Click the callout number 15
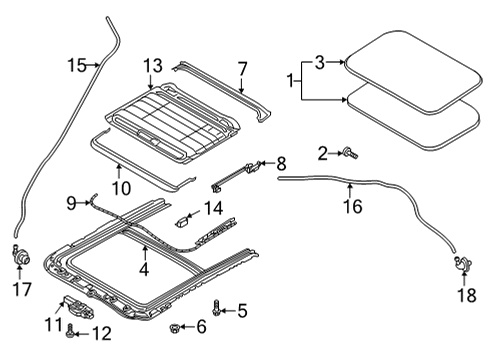pyautogui.click(x=77, y=65)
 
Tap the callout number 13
pyautogui.click(x=153, y=66)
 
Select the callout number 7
pyautogui.click(x=242, y=69)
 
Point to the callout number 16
pyautogui.click(x=353, y=206)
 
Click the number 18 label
pyautogui.click(x=467, y=295)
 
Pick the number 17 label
pyautogui.click(x=22, y=289)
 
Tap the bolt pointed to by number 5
pyautogui.click(x=216, y=308)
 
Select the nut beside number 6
pyautogui.click(x=174, y=328)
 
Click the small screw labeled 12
pyautogui.click(x=70, y=331)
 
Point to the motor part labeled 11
pyautogui.click(x=80, y=307)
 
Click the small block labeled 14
pyautogui.click(x=182, y=221)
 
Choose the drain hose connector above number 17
pyautogui.click(x=21, y=255)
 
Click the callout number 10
pyautogui.click(x=121, y=189)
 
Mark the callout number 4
pyautogui.click(x=144, y=270)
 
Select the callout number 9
pyautogui.click(x=71, y=203)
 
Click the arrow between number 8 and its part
pyautogui.click(x=267, y=163)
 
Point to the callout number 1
pyautogui.click(x=290, y=81)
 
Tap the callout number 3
pyautogui.click(x=320, y=62)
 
